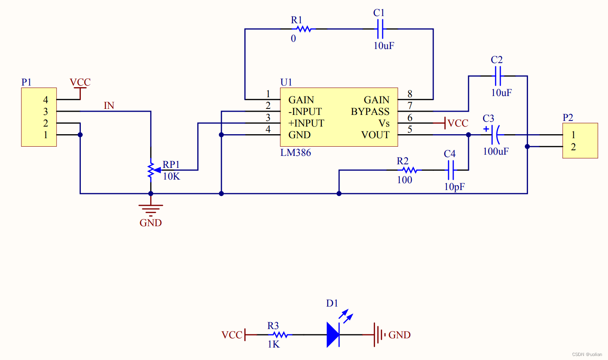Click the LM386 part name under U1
click(295, 153)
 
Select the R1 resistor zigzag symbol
click(304, 29)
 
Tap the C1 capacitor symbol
click(380, 29)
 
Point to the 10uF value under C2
click(501, 93)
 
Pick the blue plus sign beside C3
click(486, 129)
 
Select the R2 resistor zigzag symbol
click(409, 170)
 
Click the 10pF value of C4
click(454, 187)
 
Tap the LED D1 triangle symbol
click(333, 334)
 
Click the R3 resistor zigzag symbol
click(280, 334)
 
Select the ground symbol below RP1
click(151, 208)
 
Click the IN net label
click(109, 106)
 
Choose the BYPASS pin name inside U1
click(370, 112)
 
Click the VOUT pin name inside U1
click(375, 135)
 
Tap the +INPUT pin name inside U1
click(306, 123)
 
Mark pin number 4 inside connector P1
click(45, 100)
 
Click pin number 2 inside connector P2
click(573, 147)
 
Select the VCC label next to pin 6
click(458, 123)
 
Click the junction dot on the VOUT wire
click(469, 135)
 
